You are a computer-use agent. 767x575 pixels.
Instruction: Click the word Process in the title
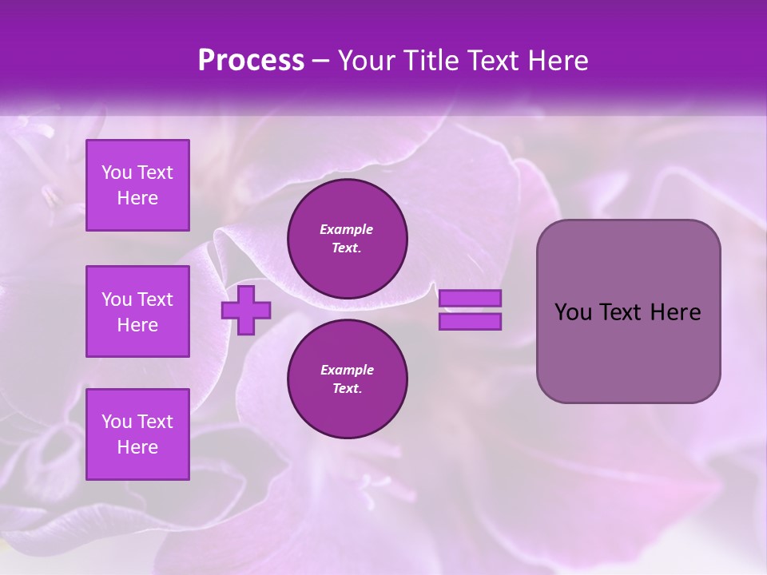click(x=251, y=61)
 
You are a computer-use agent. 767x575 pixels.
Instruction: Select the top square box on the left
click(x=137, y=185)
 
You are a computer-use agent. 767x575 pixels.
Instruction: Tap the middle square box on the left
click(x=137, y=311)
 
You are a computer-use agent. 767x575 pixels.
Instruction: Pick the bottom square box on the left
click(x=137, y=434)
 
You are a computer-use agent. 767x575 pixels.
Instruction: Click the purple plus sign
click(x=246, y=310)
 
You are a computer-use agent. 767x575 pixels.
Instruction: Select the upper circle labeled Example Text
click(x=348, y=238)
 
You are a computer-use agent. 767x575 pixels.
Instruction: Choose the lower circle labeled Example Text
click(x=348, y=379)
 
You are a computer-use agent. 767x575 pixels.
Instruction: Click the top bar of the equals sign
click(x=470, y=298)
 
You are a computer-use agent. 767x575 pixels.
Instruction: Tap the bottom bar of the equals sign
click(x=470, y=322)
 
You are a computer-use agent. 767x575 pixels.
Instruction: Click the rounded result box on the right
click(x=628, y=311)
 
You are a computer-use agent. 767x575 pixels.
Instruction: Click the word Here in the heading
click(x=559, y=61)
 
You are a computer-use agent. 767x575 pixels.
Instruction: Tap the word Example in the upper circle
click(x=346, y=229)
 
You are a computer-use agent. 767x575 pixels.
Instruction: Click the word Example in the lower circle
click(x=347, y=370)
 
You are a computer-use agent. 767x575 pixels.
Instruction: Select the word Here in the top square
click(x=137, y=198)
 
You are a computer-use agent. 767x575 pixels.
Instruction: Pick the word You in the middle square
click(x=117, y=299)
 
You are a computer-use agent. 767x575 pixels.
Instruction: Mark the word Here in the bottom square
click(x=137, y=447)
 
